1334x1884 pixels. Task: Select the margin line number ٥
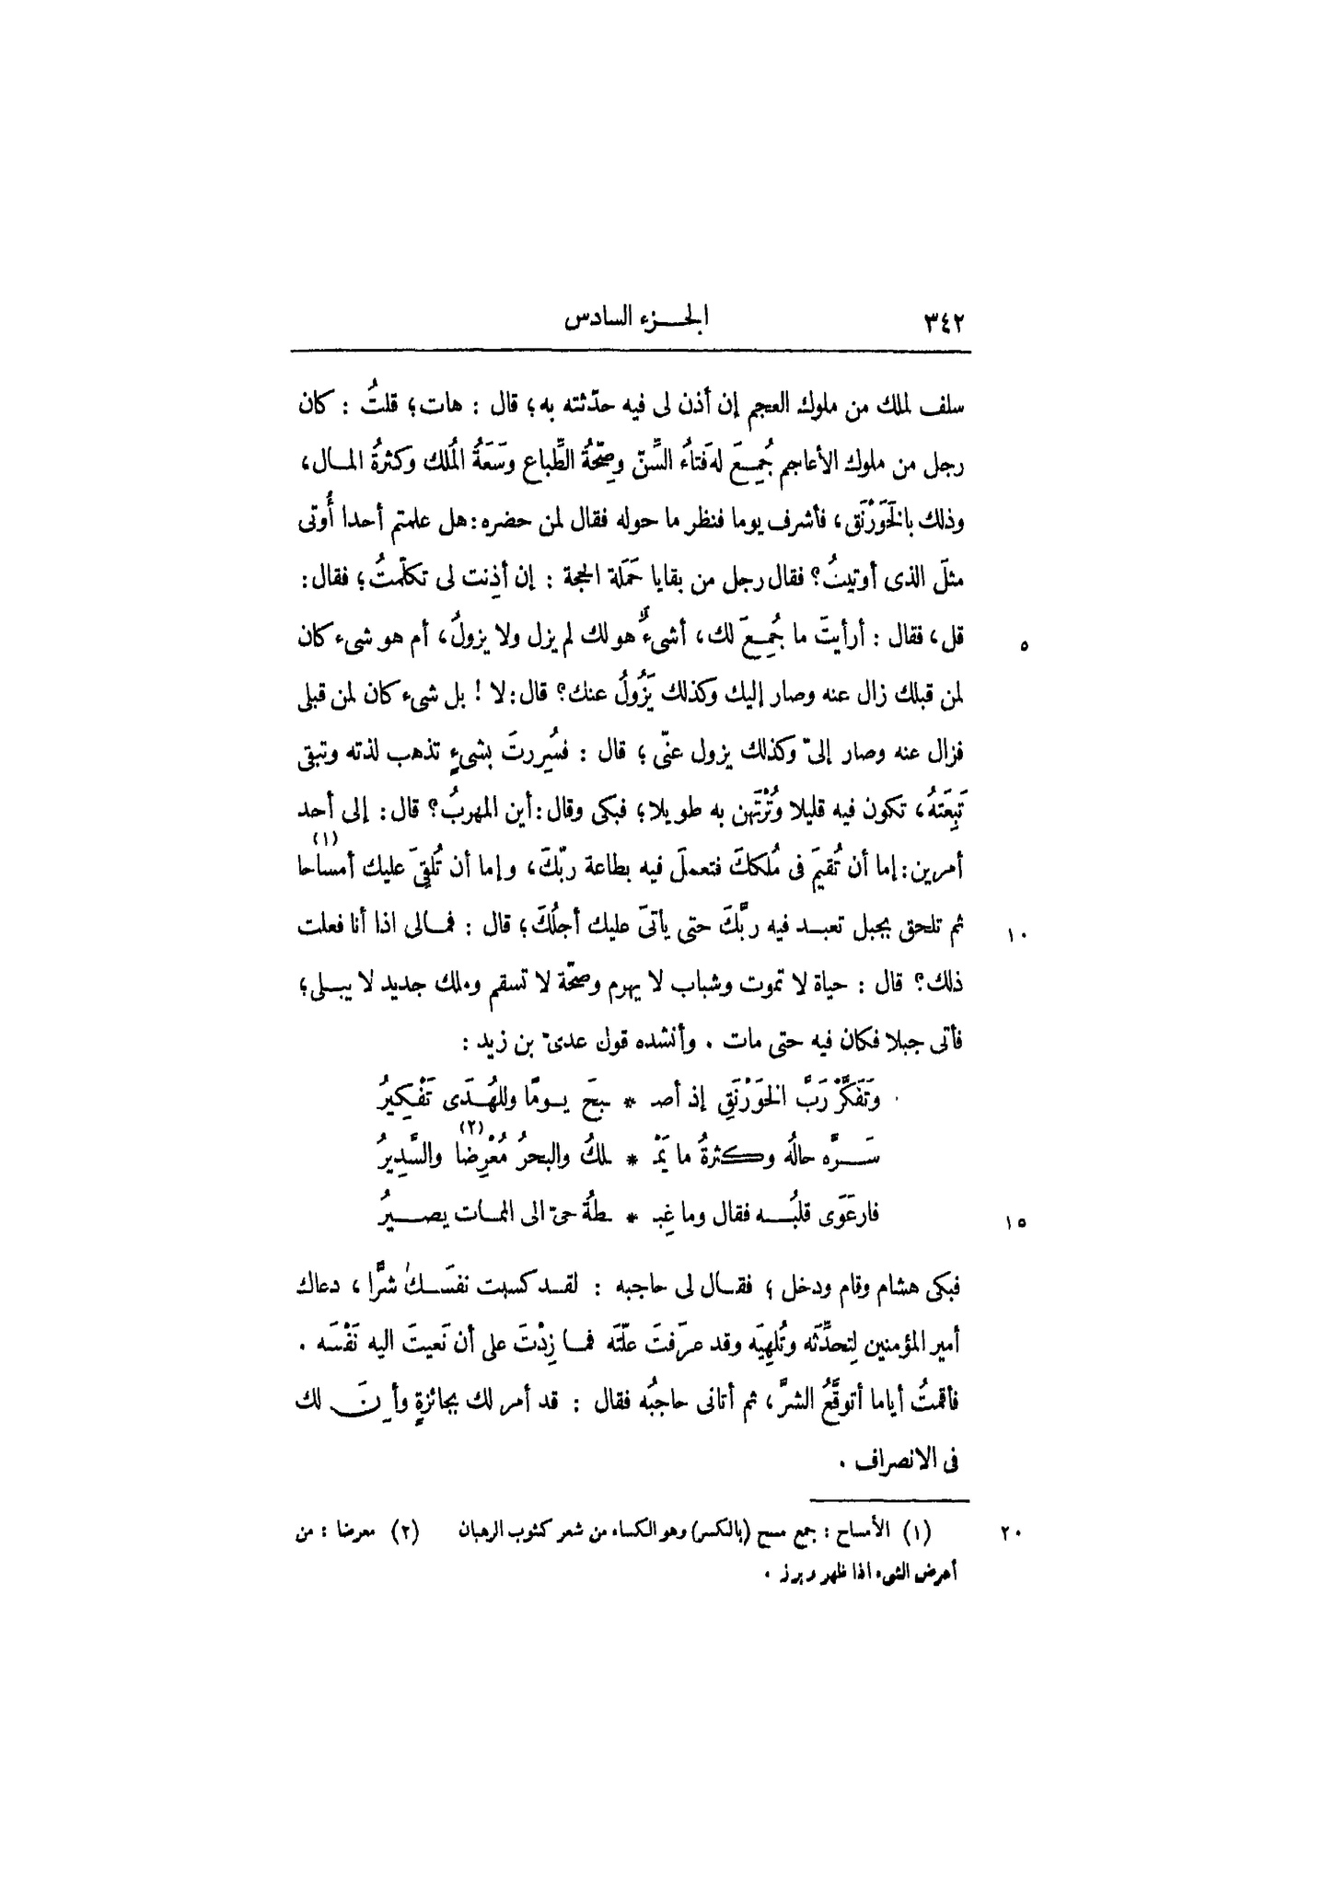pos(1024,646)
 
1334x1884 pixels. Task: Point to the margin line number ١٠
pos(1017,937)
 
